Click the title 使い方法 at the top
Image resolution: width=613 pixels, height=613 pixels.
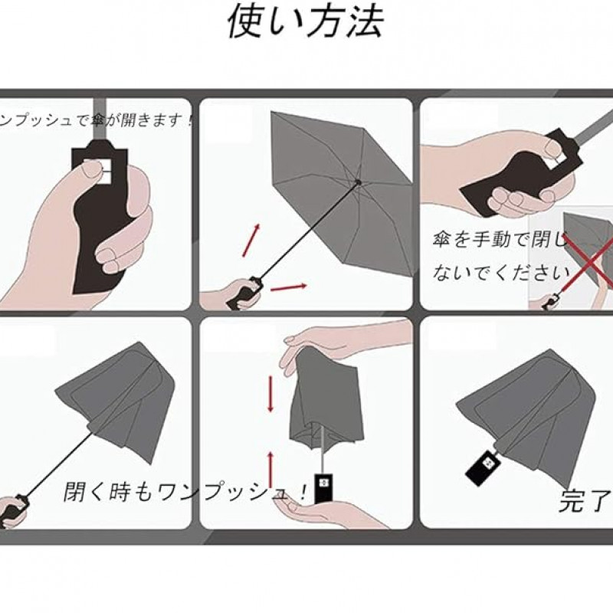tap(305, 21)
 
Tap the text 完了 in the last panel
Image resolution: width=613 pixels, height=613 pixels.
tap(585, 500)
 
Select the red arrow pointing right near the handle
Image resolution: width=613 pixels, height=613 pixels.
tap(289, 287)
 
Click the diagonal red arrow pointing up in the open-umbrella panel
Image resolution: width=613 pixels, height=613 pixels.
tap(251, 241)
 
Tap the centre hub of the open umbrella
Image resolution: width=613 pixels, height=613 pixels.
tap(357, 182)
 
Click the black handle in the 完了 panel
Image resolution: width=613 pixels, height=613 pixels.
tap(484, 467)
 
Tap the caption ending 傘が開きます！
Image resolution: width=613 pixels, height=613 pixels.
tap(96, 120)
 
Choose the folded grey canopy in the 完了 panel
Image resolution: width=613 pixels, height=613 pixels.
tap(529, 415)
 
